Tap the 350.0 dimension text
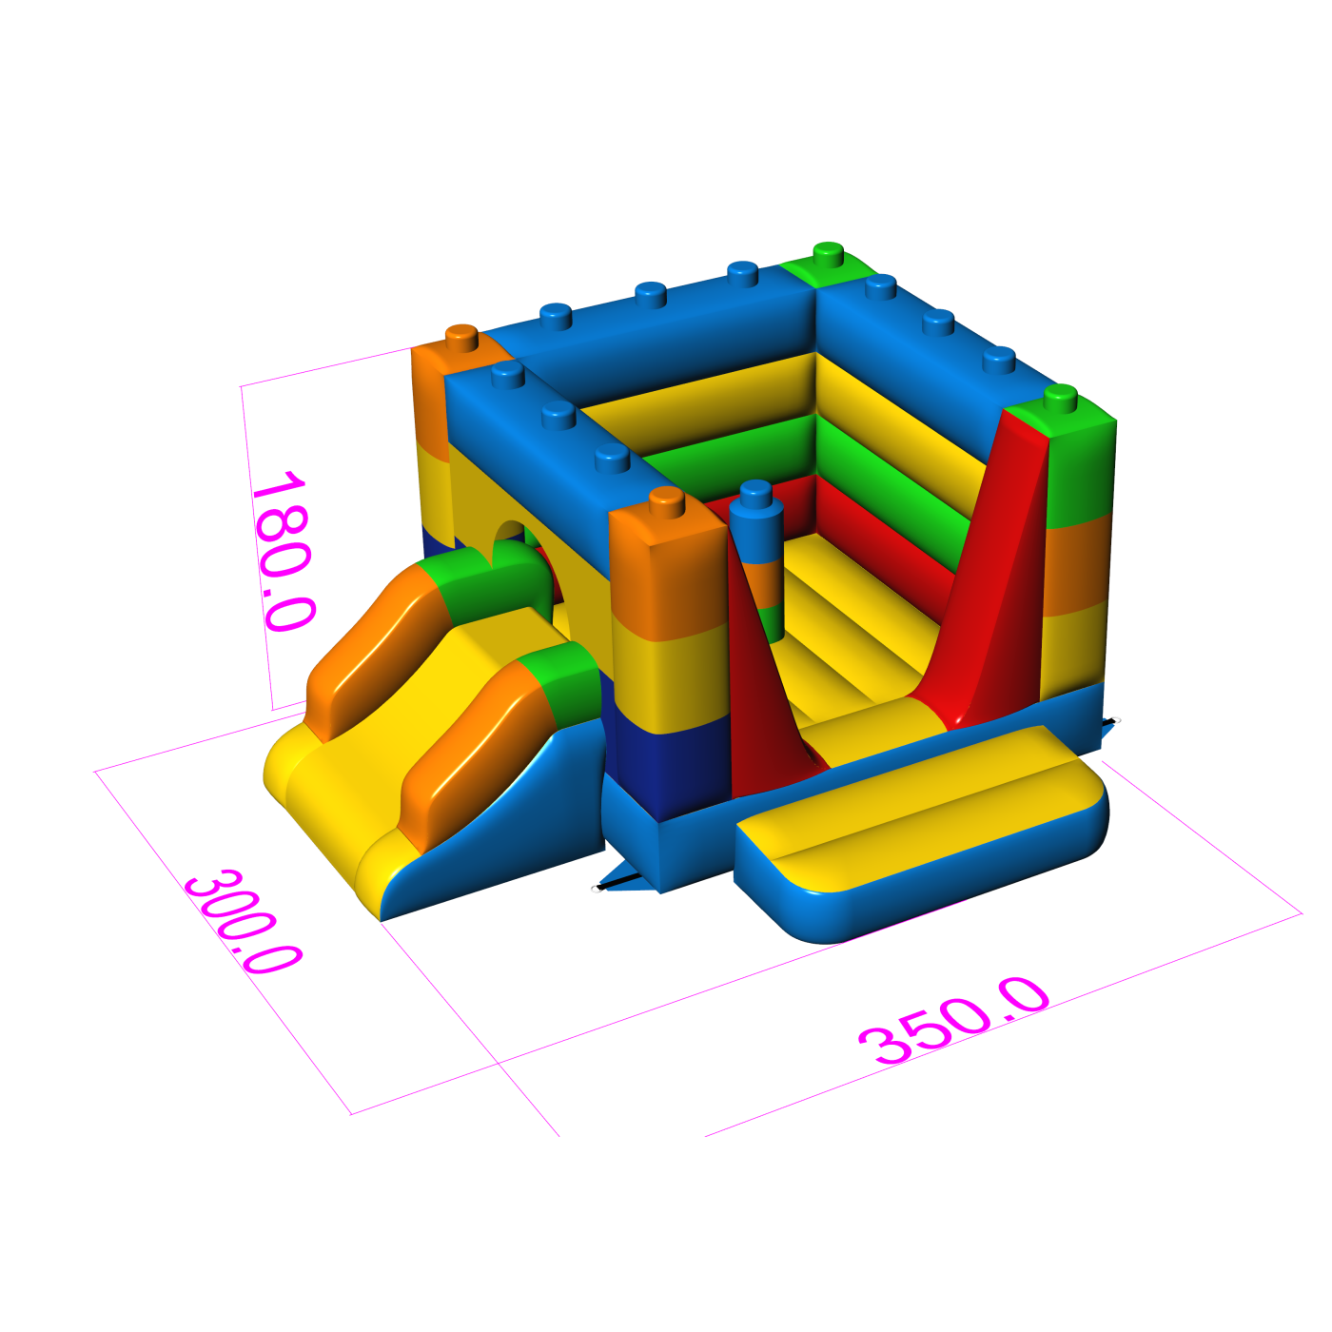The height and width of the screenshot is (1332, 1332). (954, 1022)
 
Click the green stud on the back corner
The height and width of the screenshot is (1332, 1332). (828, 254)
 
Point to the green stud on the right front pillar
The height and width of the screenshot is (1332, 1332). (1060, 399)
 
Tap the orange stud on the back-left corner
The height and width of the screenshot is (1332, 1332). (462, 339)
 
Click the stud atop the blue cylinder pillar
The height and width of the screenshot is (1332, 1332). (754, 492)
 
